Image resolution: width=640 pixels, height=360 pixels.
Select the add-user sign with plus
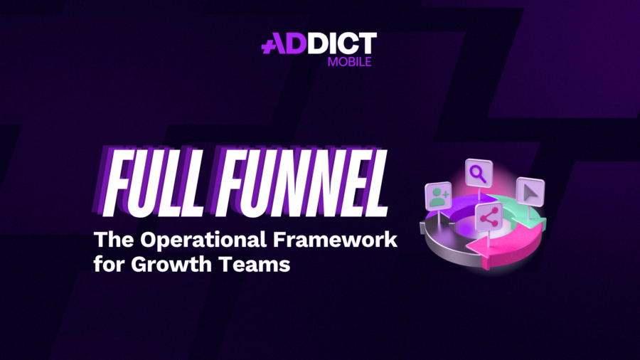point(438,196)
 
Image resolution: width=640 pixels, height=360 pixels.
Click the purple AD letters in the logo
point(282,45)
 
